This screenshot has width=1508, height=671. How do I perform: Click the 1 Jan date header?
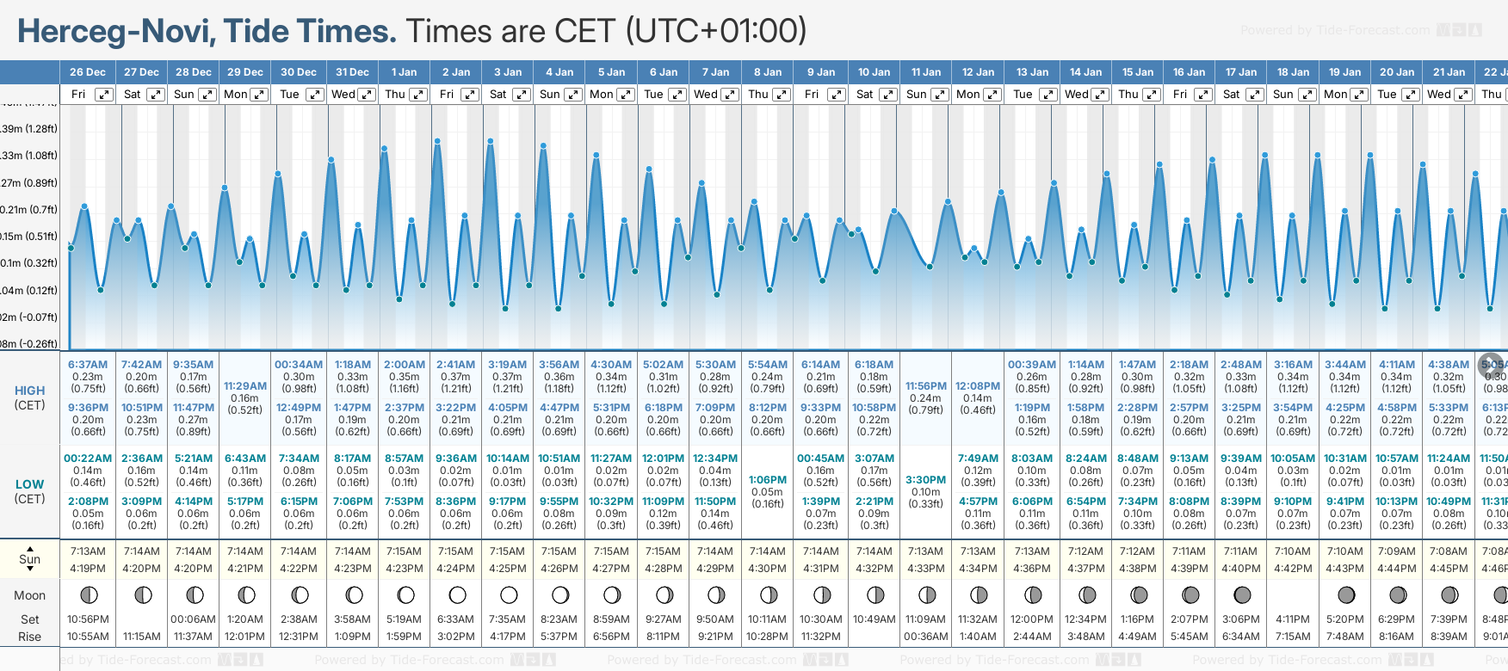coord(404,72)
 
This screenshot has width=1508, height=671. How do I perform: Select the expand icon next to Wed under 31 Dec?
coord(367,95)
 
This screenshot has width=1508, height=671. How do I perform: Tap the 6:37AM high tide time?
coord(88,365)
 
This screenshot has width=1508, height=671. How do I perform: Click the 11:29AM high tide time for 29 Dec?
coord(245,386)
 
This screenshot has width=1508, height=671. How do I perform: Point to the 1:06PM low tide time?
coord(768,480)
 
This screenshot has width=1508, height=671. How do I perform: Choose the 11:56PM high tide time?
coord(925,386)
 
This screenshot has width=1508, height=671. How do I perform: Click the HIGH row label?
coord(29,391)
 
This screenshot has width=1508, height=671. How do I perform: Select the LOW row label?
coord(29,484)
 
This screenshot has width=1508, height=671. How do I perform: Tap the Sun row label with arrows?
coord(29,559)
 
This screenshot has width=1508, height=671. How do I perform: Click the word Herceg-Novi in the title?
coord(115,32)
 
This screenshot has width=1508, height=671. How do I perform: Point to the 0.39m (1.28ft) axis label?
coord(29,129)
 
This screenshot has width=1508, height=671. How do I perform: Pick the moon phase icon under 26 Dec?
coord(88,594)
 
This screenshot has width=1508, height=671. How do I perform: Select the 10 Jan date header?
coord(874,72)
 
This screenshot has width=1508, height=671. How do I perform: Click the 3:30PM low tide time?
coord(925,480)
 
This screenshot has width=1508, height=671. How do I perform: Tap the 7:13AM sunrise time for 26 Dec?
coord(88,551)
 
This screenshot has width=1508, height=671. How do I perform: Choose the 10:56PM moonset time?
coord(88,619)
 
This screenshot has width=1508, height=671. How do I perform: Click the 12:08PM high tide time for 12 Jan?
coord(978,386)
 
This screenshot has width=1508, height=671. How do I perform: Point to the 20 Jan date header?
coord(1396,72)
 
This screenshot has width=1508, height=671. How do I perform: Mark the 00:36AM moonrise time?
coord(925,637)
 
